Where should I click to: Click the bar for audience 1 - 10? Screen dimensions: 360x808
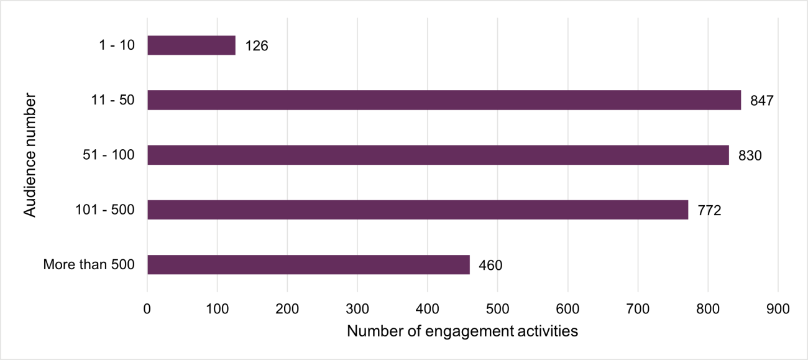tap(191, 45)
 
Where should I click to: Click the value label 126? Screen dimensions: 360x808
tap(257, 46)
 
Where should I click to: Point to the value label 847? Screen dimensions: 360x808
tap(761, 101)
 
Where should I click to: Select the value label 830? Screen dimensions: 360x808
tap(750, 155)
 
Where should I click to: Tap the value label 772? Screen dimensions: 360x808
tap(709, 210)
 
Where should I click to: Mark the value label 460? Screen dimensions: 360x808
tap(490, 265)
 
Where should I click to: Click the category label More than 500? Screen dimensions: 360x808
tap(89, 264)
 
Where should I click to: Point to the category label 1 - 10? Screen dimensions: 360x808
tap(117, 45)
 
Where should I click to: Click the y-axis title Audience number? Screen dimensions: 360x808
tap(30, 155)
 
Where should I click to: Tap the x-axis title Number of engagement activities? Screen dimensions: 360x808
tap(462, 331)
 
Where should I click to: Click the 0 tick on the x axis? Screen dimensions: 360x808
tap(147, 308)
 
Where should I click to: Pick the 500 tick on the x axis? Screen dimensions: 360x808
tap(498, 308)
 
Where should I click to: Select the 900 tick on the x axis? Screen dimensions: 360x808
tap(778, 308)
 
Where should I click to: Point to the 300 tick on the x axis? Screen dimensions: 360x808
tap(357, 308)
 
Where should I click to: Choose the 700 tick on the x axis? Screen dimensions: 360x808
tap(638, 308)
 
